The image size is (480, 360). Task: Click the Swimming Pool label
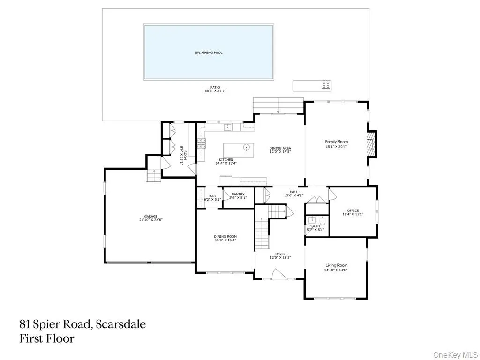[x=209, y=52]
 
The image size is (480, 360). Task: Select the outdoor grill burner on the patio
[x=326, y=84]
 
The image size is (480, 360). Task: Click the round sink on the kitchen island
[x=247, y=148]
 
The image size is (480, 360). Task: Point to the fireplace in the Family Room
[x=372, y=143]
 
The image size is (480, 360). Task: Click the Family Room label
[x=336, y=142]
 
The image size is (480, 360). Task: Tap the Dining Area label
[x=280, y=149]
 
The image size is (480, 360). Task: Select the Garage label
[x=150, y=216]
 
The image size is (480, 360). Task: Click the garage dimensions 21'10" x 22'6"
[x=150, y=219]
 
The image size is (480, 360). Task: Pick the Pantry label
[x=238, y=194]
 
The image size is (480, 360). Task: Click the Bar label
[x=212, y=196]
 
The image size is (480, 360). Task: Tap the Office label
[x=352, y=210]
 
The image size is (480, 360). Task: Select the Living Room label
[x=336, y=265]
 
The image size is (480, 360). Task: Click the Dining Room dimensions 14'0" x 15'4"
[x=225, y=240]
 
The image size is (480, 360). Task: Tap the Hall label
[x=293, y=192]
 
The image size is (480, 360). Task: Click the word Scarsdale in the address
[x=120, y=324]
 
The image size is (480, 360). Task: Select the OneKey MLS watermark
[x=455, y=355]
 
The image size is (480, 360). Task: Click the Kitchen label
[x=226, y=160]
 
